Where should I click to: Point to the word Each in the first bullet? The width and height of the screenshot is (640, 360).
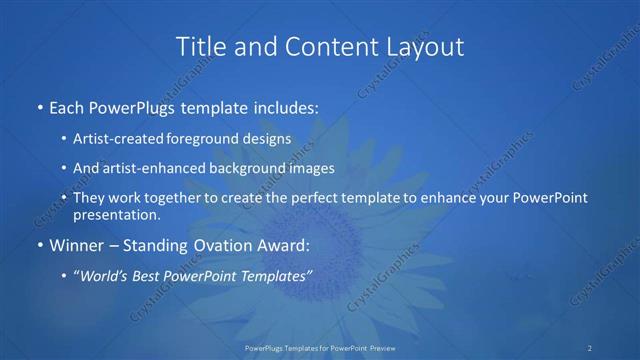pos(66,104)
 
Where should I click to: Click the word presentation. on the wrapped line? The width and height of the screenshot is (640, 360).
pos(117,215)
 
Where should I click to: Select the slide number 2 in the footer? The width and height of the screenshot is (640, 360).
pos(590,347)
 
